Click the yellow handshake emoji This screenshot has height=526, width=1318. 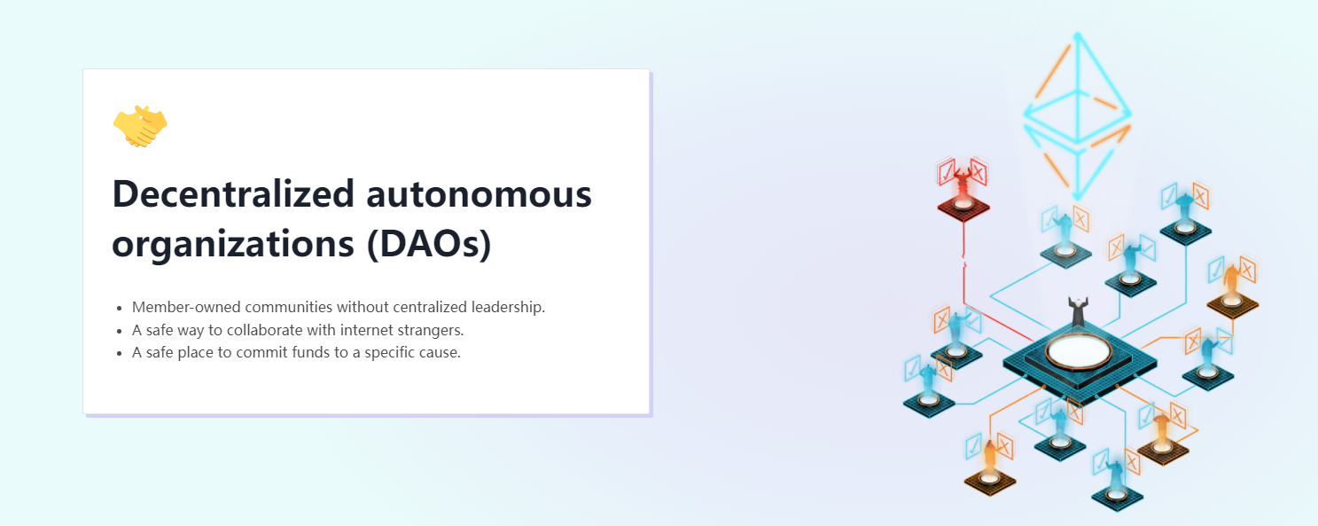[x=140, y=126]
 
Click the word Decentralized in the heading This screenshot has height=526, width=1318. [x=234, y=193]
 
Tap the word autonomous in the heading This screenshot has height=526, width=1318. [x=479, y=195]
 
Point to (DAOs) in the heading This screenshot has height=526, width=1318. [x=429, y=243]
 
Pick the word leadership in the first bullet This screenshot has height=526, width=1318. [x=507, y=307]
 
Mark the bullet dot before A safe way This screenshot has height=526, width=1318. [x=120, y=331]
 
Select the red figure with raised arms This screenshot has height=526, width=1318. [x=963, y=184]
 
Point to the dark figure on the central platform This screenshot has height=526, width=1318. [x=1078, y=311]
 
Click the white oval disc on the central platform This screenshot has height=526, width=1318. [x=1078, y=350]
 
